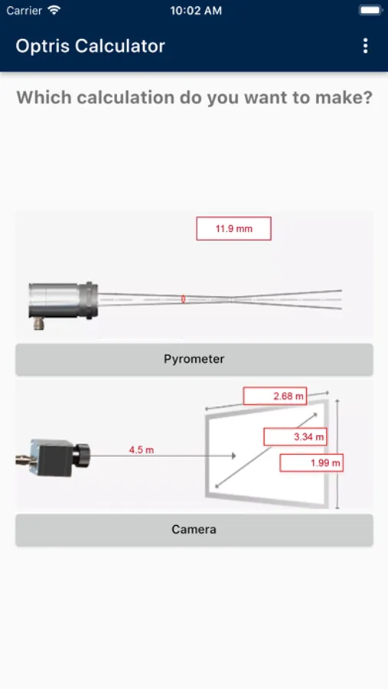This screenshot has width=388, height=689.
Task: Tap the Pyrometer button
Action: [194, 359]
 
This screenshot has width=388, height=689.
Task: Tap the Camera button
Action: [194, 530]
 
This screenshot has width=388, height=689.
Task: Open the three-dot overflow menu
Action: [365, 46]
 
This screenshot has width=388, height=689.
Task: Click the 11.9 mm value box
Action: [233, 228]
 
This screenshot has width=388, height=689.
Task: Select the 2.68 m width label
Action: [275, 396]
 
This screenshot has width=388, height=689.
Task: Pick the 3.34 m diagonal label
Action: [295, 437]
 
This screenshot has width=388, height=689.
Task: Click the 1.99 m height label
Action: [311, 462]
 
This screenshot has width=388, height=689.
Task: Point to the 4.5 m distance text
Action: [142, 450]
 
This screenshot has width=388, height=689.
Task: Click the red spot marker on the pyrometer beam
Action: [183, 299]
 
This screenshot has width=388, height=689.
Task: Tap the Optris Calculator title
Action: [90, 46]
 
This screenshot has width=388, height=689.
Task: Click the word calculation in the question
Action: [126, 97]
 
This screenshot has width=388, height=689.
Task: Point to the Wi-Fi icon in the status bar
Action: [54, 10]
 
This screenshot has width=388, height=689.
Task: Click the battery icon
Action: [370, 10]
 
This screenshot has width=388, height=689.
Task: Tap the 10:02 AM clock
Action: [196, 11]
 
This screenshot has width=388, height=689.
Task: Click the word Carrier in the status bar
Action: [24, 11]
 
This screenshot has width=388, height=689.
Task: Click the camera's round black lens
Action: [81, 456]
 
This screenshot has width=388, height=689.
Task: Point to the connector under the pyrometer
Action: [39, 324]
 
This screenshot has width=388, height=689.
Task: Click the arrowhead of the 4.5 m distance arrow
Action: [234, 456]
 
